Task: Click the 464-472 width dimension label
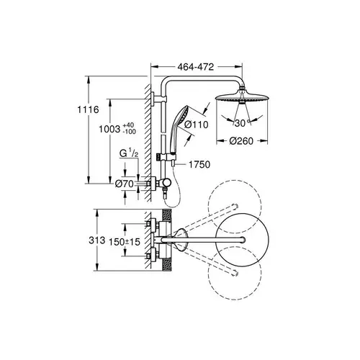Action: pos(196,67)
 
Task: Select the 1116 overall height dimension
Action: pos(88,109)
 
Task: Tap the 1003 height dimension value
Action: pos(109,129)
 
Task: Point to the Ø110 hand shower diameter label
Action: pos(197,125)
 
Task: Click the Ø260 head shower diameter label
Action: pos(241,141)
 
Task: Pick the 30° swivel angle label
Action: pos(241,123)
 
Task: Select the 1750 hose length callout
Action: pos(199,164)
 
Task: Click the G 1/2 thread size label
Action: pos(129,153)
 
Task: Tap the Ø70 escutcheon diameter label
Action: pos(124,184)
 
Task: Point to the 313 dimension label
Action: pos(97,240)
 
